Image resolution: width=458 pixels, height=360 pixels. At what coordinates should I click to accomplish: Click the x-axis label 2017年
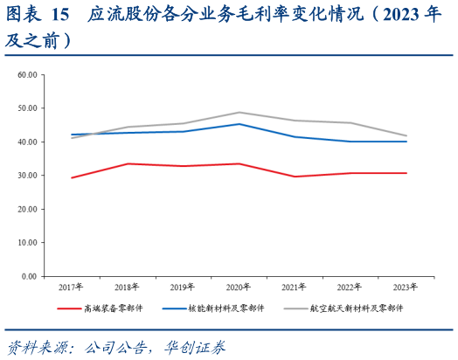(72, 287)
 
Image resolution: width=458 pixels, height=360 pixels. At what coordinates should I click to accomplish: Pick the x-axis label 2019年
(183, 287)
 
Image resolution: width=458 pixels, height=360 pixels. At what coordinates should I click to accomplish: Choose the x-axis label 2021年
(294, 287)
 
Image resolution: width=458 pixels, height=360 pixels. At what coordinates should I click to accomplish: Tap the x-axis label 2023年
(405, 287)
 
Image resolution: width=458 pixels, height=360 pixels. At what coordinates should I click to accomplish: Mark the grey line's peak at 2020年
(239, 113)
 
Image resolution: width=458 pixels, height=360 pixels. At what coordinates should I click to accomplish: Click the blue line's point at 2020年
(239, 124)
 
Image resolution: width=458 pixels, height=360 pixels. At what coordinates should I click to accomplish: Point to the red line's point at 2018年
(128, 163)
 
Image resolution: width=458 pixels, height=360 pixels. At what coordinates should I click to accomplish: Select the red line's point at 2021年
(294, 177)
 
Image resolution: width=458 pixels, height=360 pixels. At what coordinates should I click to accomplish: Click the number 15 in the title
(60, 15)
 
